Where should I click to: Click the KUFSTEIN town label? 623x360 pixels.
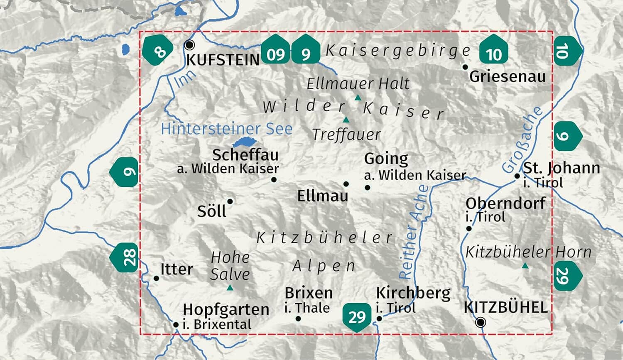223,60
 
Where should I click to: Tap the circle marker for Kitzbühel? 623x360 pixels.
481,322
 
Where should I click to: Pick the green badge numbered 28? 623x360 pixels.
125,257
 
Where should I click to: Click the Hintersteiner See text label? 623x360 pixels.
227,129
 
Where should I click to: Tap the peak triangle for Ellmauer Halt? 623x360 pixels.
358,98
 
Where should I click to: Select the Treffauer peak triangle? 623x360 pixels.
346,120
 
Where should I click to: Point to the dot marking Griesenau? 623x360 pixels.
465,67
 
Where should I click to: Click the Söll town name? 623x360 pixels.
211,211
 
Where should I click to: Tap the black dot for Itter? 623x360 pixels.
156,278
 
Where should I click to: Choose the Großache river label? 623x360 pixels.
522,139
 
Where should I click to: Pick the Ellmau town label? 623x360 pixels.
322,196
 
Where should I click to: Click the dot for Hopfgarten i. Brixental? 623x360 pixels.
176,325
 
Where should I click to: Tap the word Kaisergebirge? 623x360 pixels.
398,51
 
